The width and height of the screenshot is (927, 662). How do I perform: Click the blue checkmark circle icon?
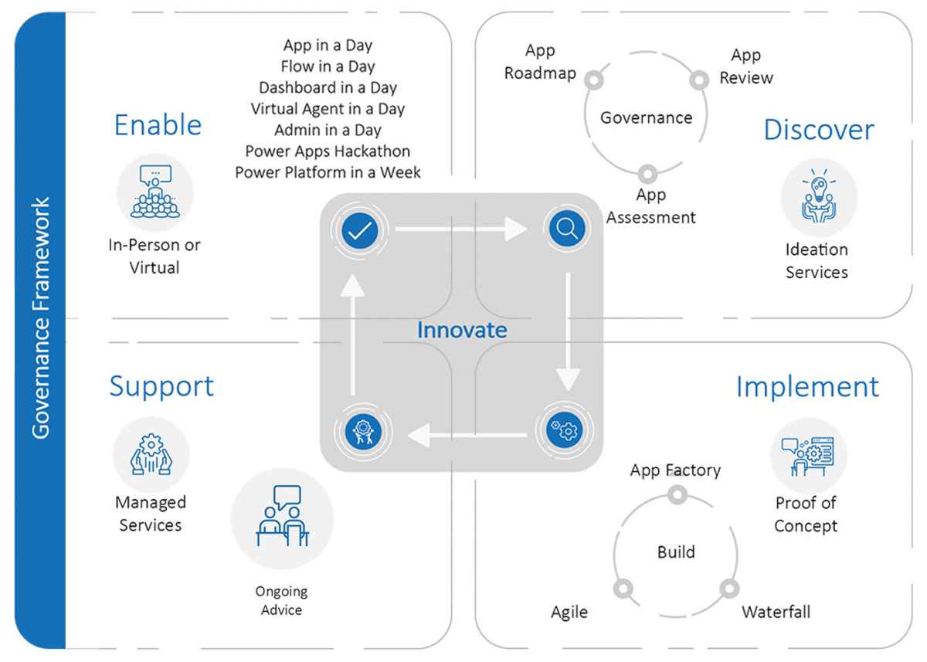pos(357,229)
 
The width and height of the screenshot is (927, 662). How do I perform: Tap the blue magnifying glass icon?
pos(567,229)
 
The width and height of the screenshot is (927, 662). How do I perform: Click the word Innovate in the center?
pos(462,330)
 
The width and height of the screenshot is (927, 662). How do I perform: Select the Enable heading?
pos(158,125)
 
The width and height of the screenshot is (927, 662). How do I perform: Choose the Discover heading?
pos(818,130)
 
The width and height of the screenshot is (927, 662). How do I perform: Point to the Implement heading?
pos(807,386)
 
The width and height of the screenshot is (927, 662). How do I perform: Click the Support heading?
pos(161,385)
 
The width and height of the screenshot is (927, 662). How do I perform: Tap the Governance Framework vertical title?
pos(40,317)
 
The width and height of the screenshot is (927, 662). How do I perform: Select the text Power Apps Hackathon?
pos(328,151)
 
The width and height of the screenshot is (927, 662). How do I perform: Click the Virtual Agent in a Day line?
pos(328,109)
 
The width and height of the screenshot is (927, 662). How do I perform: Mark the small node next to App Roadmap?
pos(593,80)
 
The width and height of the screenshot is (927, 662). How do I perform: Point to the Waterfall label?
pos(776,613)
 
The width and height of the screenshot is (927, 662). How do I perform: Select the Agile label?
pos(569,613)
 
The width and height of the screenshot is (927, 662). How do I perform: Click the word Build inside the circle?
pos(676,552)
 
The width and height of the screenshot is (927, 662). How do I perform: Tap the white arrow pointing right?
pos(460,229)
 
